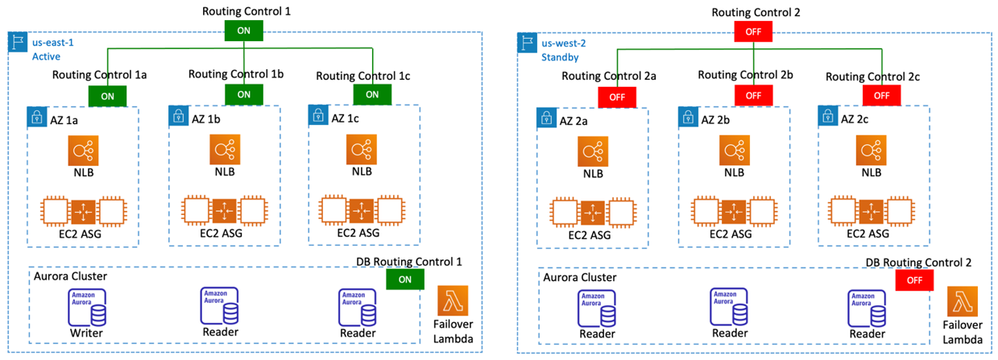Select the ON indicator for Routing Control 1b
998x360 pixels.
point(244,93)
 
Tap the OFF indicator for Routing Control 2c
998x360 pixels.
point(882,95)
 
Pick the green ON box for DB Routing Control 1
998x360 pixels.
point(405,279)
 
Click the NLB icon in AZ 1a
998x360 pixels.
point(85,151)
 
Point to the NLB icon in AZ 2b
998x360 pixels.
point(734,151)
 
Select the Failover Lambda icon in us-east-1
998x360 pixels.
point(452,301)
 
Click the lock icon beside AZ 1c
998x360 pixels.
point(318,117)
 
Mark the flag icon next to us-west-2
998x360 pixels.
point(527,43)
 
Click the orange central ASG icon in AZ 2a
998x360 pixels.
point(594,212)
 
